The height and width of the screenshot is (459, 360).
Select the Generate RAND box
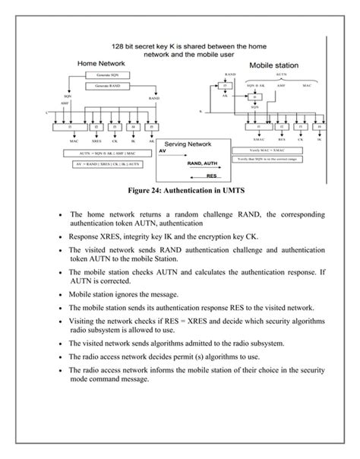[102, 87]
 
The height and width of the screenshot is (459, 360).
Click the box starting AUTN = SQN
[99, 154]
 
